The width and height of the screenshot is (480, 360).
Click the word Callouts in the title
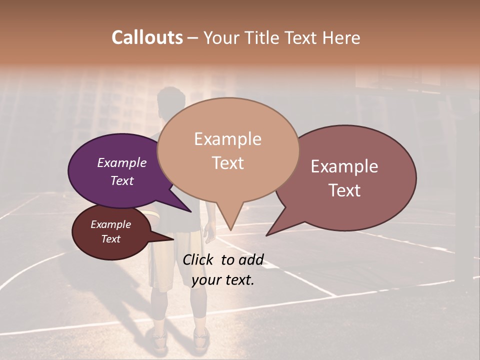point(147,37)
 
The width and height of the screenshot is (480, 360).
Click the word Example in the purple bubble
point(121,163)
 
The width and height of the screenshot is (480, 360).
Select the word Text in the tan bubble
point(228,163)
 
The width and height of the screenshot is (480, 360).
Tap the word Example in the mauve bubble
point(344,166)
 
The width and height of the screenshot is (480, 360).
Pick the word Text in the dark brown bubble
point(111,239)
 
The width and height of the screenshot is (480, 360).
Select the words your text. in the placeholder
point(223,280)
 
